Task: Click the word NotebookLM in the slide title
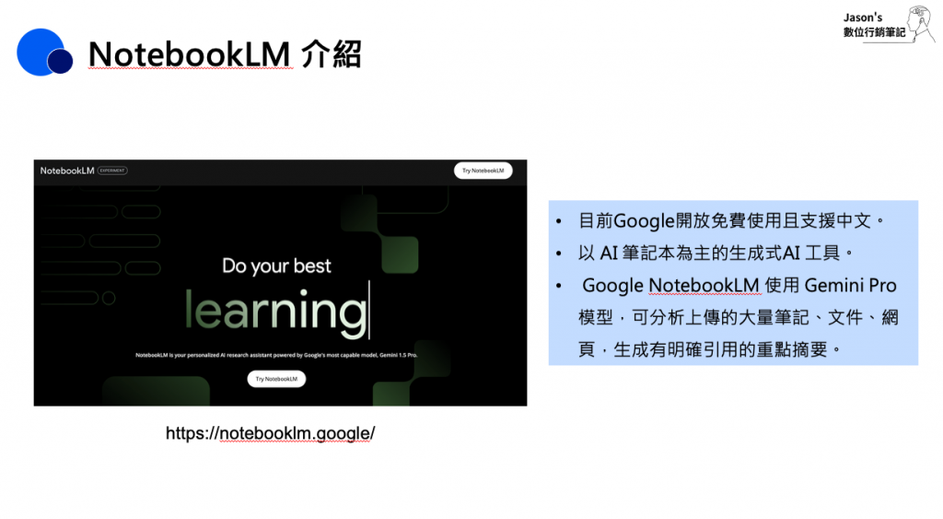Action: tap(190, 54)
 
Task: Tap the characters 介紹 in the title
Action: tap(332, 54)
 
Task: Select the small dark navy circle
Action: tap(60, 61)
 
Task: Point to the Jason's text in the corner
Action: tap(862, 18)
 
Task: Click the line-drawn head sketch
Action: tap(921, 23)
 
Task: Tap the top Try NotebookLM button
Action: tap(483, 171)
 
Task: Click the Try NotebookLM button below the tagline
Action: tap(276, 379)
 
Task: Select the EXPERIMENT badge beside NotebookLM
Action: tap(112, 171)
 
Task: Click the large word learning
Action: tap(275, 310)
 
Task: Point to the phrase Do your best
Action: tap(276, 265)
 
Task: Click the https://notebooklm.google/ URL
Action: tap(270, 433)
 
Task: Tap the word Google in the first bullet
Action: tap(644, 221)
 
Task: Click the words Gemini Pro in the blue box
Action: tap(850, 286)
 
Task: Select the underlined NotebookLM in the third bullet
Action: tap(704, 286)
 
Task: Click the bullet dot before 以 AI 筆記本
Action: tap(559, 254)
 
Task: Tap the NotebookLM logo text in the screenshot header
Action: tap(67, 171)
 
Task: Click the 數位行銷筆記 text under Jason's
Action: tap(874, 32)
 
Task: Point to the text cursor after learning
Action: tap(369, 310)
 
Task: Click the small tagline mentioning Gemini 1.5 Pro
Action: tap(276, 355)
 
